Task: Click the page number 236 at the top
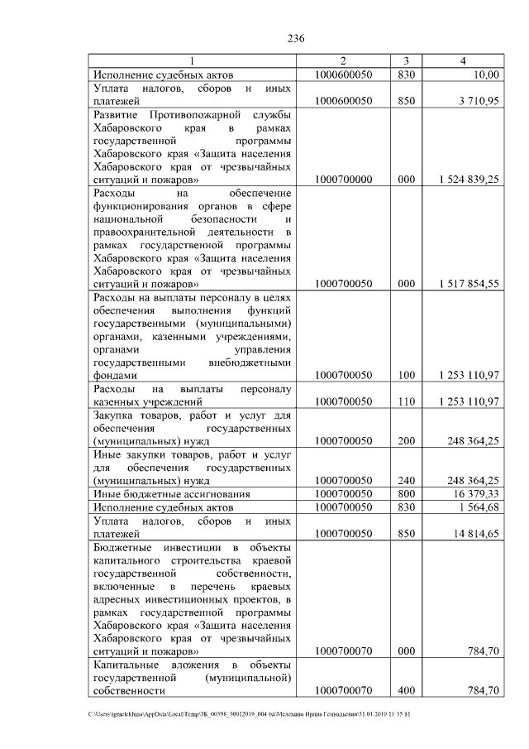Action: pyautogui.click(x=297, y=38)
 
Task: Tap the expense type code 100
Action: pyautogui.click(x=406, y=375)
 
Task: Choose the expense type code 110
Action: pyautogui.click(x=406, y=401)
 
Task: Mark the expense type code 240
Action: pyautogui.click(x=406, y=480)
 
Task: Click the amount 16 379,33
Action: pyautogui.click(x=474, y=493)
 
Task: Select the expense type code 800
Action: pyautogui.click(x=406, y=493)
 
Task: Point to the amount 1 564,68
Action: pyautogui.click(x=477, y=507)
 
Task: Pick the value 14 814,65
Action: pyautogui.click(x=474, y=533)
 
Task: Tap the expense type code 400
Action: pyautogui.click(x=406, y=689)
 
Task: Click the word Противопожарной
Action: pyautogui.click(x=188, y=113)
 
